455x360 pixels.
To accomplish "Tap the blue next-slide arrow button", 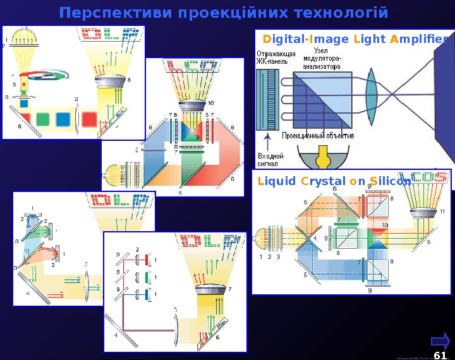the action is [x=442, y=341].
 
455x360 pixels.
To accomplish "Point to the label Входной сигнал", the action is [x=270, y=159].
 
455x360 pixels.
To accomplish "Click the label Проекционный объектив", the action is [x=318, y=135].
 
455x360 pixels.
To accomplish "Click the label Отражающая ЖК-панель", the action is [x=275, y=57].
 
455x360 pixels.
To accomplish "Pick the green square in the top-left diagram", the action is [x=43, y=119].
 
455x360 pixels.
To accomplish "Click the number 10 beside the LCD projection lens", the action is [x=210, y=103].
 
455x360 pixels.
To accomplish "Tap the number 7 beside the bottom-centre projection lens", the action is [x=229, y=288].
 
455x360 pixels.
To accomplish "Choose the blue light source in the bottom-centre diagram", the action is [x=147, y=294].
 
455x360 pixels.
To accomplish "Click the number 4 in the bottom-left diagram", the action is [x=28, y=294].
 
